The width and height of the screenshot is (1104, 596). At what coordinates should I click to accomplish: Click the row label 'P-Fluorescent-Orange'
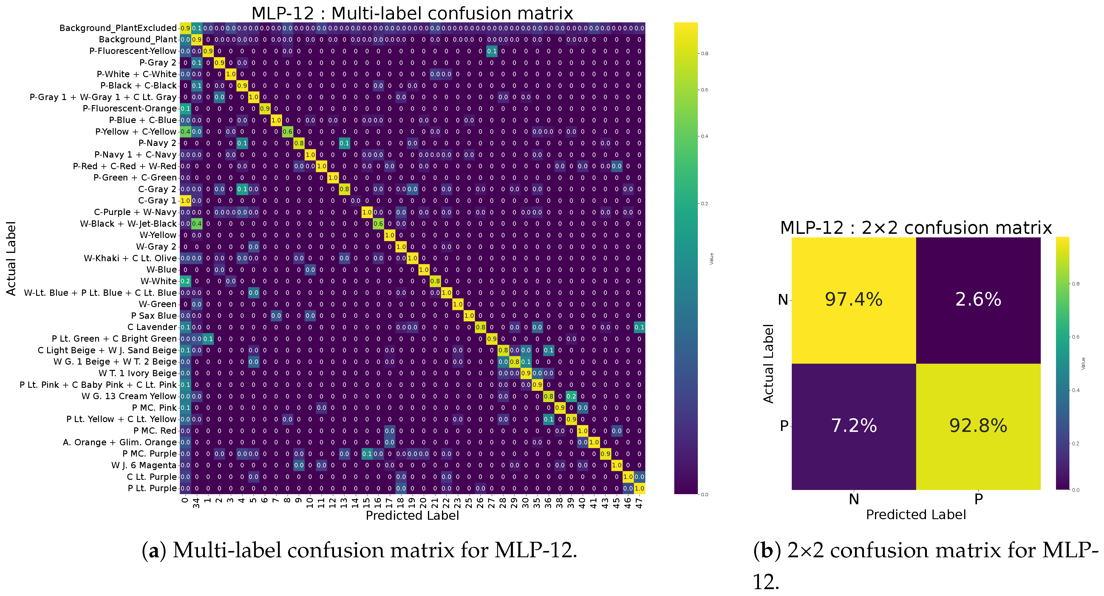[x=129, y=108]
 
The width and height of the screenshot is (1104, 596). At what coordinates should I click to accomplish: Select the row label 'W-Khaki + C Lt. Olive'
[x=130, y=258]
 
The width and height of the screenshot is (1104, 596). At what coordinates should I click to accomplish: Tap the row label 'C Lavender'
[x=152, y=327]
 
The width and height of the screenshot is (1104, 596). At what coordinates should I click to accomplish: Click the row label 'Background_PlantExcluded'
[x=118, y=28]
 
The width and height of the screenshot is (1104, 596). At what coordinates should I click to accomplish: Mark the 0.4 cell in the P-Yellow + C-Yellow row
[x=185, y=131]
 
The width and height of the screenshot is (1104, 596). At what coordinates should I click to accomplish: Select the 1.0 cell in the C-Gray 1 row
[x=185, y=200]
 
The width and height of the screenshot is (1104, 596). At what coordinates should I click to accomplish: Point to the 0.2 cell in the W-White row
[x=185, y=281]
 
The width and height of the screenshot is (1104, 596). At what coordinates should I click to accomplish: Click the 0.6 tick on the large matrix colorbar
[x=705, y=90]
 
